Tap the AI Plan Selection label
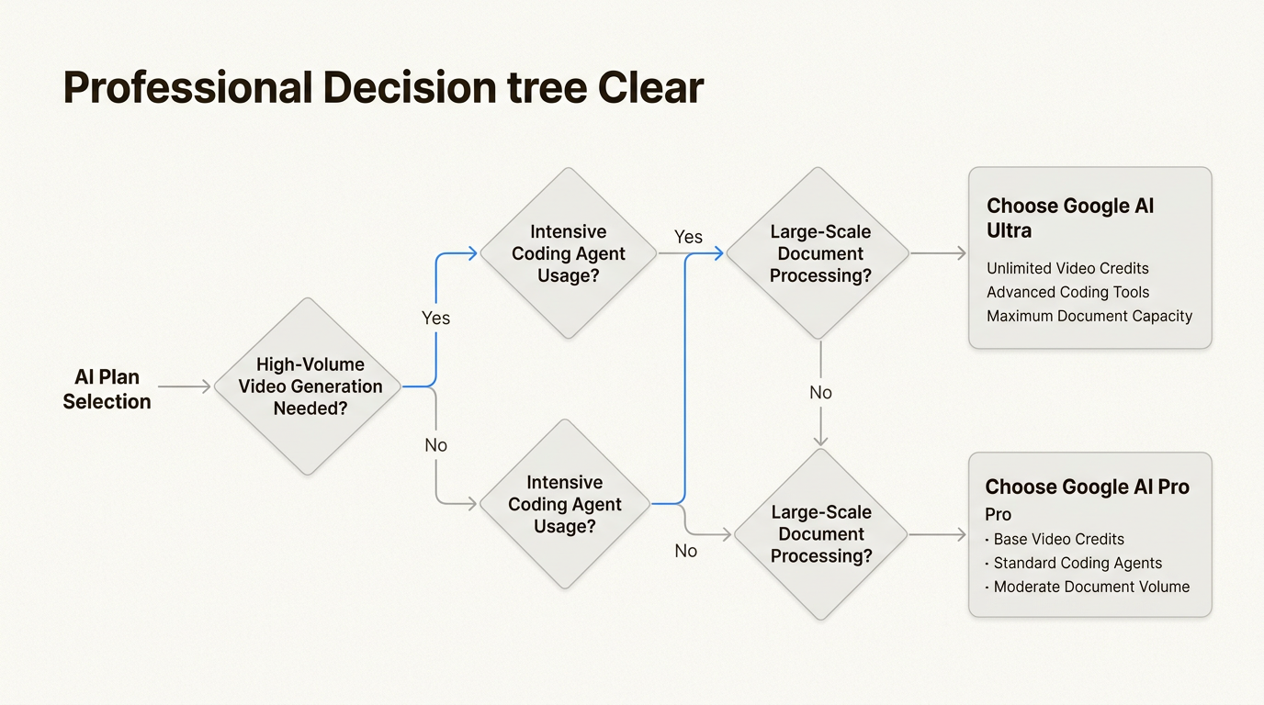[107, 389]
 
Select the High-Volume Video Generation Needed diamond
[310, 386]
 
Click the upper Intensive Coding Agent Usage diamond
[569, 253]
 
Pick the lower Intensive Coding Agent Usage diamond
[565, 504]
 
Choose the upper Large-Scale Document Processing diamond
[820, 253]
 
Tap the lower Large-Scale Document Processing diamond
[820, 534]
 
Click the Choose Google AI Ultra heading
[1070, 218]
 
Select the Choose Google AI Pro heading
[1087, 487]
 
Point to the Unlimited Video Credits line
[1067, 268]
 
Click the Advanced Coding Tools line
[1067, 292]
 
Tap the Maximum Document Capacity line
[1089, 316]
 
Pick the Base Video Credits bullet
[1058, 539]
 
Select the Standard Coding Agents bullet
[1078, 563]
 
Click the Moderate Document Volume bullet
[1091, 587]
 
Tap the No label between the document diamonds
[820, 393]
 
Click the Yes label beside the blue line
[435, 318]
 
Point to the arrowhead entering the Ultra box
[961, 253]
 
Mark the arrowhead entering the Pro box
[961, 534]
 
